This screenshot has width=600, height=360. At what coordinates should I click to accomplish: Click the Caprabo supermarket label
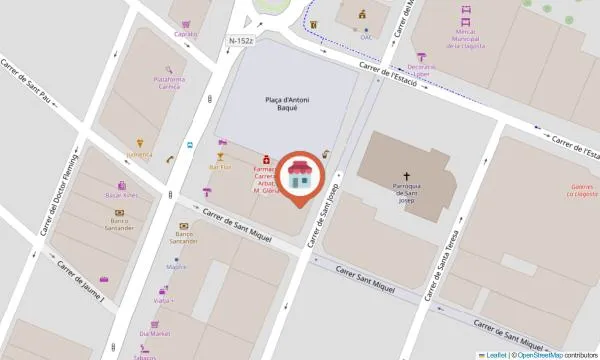click(x=185, y=34)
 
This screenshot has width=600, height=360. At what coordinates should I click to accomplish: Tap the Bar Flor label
click(x=220, y=168)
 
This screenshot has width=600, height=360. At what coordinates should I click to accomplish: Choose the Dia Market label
click(x=154, y=334)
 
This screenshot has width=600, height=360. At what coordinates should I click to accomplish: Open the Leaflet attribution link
click(x=496, y=354)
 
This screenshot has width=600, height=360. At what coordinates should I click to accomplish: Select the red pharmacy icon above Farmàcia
click(x=266, y=159)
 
